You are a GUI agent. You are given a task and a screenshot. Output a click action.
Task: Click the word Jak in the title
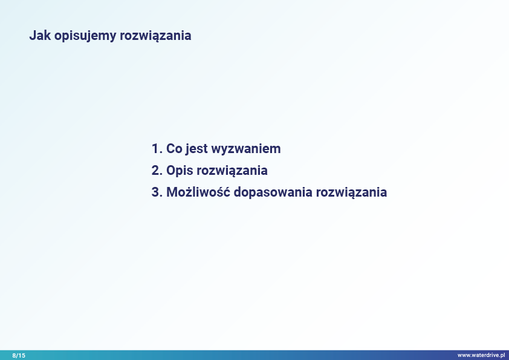tap(41, 36)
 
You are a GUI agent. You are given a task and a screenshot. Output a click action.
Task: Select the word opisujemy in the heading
tap(85, 36)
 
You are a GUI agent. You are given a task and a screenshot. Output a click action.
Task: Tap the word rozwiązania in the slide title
tap(155, 36)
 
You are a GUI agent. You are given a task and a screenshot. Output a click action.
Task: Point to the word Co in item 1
tap(174, 149)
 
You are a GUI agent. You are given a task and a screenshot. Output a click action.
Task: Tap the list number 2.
tap(157, 171)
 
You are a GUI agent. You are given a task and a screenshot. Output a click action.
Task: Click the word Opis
tap(180, 171)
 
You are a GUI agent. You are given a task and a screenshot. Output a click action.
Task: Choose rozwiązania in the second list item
tap(232, 171)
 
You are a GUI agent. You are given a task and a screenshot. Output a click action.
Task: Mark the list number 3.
tap(157, 192)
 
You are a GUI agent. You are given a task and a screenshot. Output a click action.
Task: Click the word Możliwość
tap(198, 191)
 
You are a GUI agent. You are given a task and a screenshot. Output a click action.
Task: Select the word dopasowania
tap(273, 192)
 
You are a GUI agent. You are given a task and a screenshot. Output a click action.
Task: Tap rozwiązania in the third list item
tap(351, 192)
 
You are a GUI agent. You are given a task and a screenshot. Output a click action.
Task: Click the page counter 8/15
tap(19, 355)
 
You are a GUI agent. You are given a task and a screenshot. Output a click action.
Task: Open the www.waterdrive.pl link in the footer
tap(481, 355)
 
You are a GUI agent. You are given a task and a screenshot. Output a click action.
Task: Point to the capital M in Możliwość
tap(172, 192)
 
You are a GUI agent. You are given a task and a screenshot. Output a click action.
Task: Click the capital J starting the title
tap(33, 36)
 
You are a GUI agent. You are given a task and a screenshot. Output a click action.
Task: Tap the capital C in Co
tap(171, 149)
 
